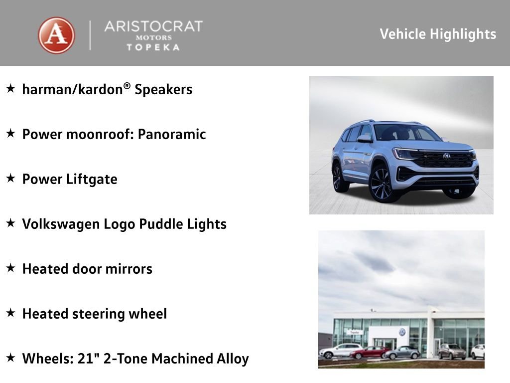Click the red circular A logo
56,35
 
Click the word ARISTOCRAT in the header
153,26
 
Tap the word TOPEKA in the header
153,47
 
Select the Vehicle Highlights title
438,34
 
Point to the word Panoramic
172,135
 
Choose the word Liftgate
92,180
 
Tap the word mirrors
127,269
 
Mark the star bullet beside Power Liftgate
10,179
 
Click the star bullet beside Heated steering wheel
10,313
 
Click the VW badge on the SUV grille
446,156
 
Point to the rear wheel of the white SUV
339,177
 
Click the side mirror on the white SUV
364,139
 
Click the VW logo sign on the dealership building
402,332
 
